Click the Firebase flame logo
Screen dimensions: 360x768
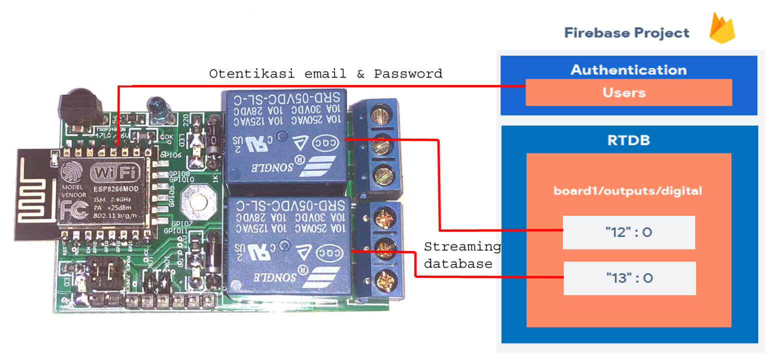(721, 29)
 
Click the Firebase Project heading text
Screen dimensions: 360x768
(626, 33)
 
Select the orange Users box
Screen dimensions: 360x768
(628, 92)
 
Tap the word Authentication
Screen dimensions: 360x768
(628, 69)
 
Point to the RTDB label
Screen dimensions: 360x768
(628, 140)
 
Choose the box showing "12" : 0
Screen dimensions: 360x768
(628, 232)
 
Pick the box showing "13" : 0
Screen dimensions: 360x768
(629, 278)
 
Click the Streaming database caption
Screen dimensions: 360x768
(462, 255)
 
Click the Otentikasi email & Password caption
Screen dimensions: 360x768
(325, 74)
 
